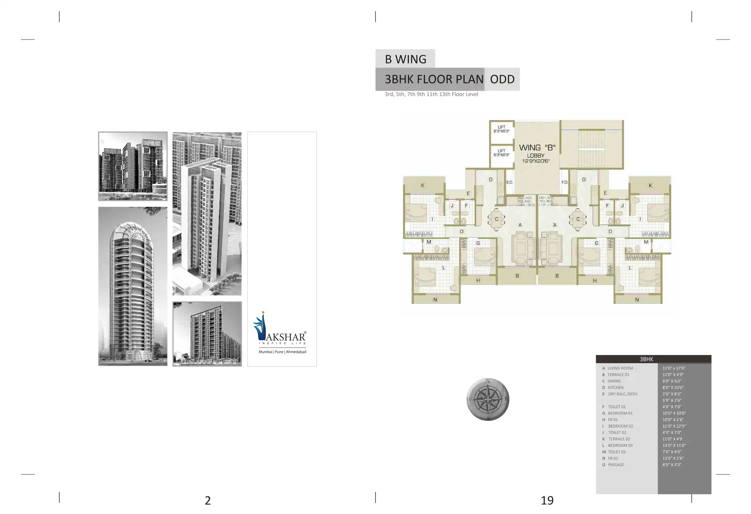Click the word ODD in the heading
[502, 79]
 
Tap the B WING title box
[406, 59]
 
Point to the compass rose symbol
[488, 399]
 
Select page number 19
[547, 500]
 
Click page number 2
[208, 500]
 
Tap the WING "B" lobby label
[537, 148]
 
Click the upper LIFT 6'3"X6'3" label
[501, 129]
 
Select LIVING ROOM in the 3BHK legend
[620, 368]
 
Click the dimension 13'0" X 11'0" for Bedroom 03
[674, 446]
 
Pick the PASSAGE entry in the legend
[616, 465]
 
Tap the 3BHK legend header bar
[653, 359]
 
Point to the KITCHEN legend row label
[616, 387]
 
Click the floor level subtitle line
[431, 94]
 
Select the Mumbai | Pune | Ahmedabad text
[282, 352]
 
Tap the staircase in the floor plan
[591, 144]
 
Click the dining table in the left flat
[496, 219]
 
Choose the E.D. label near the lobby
[509, 182]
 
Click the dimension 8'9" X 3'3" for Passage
[672, 465]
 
